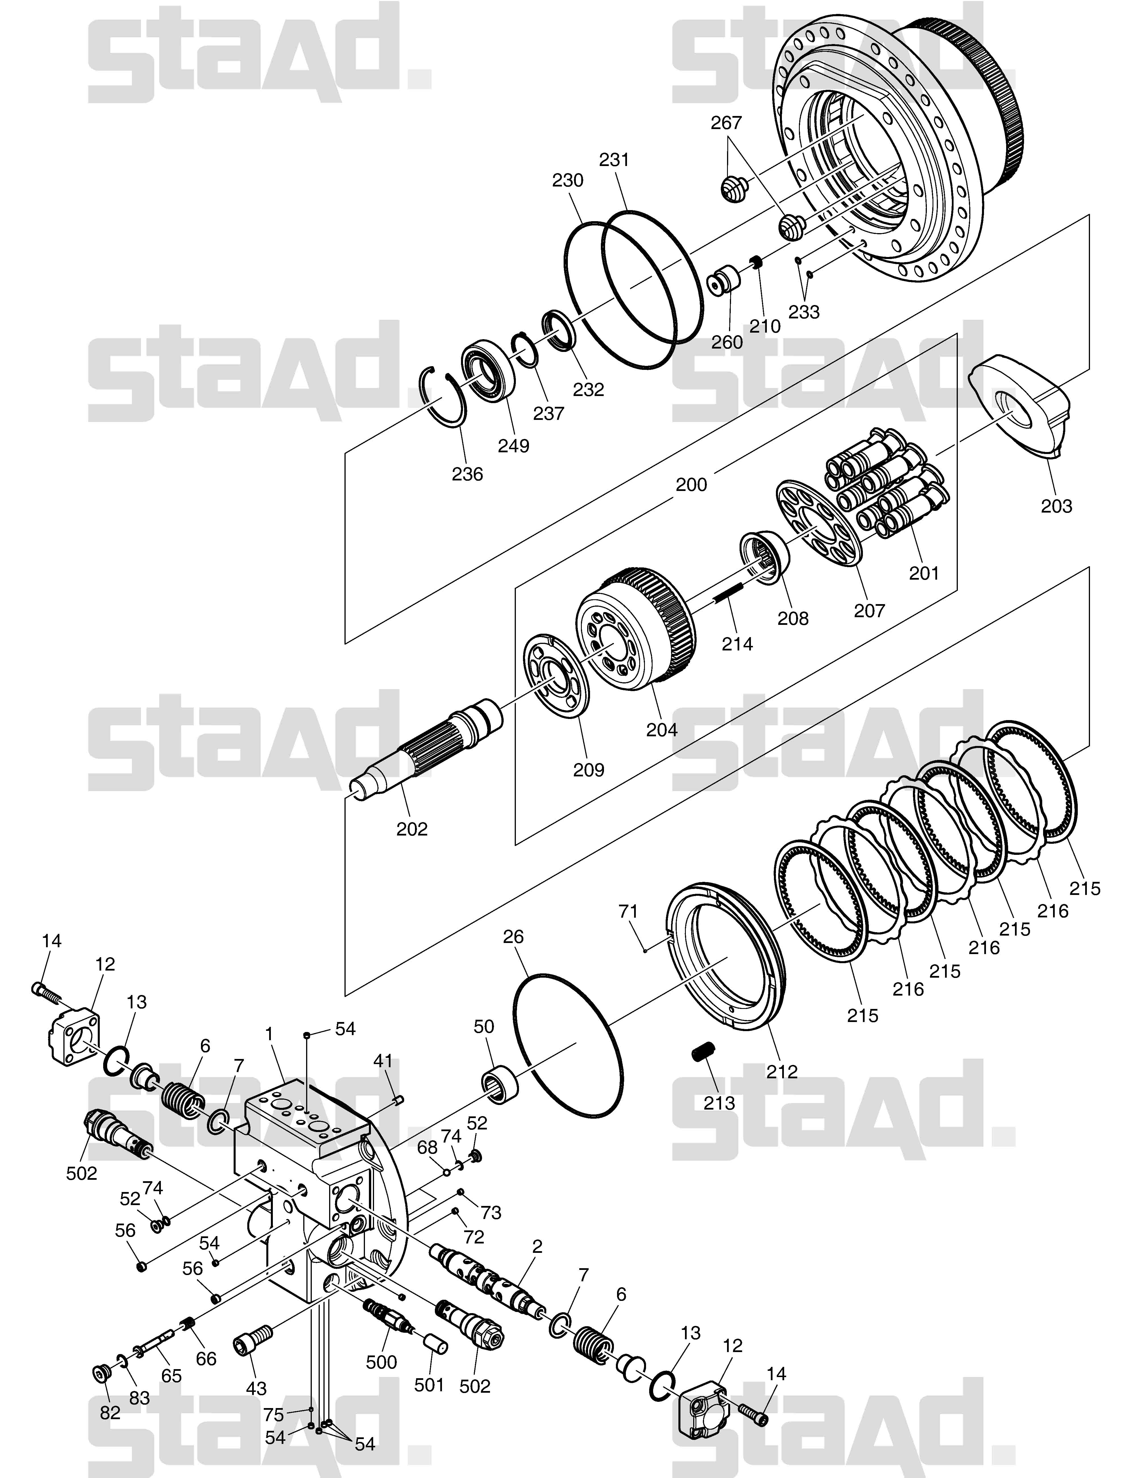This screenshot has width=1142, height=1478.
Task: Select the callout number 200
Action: [691, 484]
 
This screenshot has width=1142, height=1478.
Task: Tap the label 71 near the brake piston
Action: [628, 912]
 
